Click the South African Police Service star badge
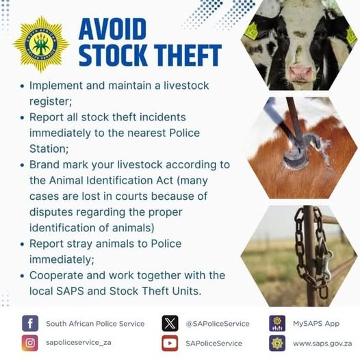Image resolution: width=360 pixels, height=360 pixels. pos(41,44)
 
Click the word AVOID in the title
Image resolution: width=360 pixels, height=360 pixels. pos(112,29)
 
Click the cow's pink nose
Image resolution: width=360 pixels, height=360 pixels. pos(301,73)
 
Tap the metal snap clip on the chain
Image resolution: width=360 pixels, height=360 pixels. pos(325,265)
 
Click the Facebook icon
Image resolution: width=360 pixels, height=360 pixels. pos(30,323)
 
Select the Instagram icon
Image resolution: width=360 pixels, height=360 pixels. pos(30,343)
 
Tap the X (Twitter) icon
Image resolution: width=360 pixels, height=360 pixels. pos(170,323)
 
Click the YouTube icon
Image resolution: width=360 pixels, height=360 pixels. pos(170,343)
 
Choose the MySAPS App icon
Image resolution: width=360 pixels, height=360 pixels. pos(277,323)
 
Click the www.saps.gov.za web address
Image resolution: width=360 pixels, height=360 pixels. pos(322,344)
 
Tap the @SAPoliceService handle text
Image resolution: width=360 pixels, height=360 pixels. pos(218,324)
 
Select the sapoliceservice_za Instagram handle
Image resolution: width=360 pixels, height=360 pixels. pos(79,342)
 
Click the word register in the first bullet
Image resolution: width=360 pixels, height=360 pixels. pos(51,102)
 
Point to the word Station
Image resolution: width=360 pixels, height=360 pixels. pos(49,149)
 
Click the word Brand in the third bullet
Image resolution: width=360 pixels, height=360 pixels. pos(44,165)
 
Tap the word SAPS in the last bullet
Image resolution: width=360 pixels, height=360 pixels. pos(70,291)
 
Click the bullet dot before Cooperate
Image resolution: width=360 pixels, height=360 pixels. pos(22,276)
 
